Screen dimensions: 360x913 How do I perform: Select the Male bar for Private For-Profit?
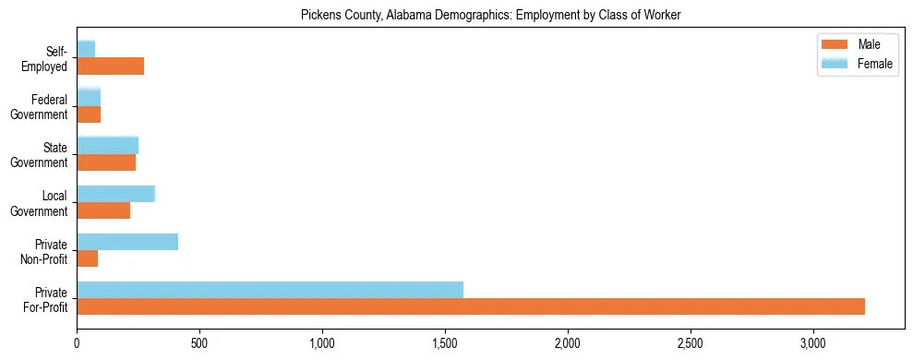pos(471,306)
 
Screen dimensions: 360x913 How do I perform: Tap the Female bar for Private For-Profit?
pos(270,290)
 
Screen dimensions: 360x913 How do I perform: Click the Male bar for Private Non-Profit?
pos(87,258)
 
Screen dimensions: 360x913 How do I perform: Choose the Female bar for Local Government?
pos(115,194)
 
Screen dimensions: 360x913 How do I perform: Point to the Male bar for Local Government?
pos(103,210)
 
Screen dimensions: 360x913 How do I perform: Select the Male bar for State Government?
pos(106,162)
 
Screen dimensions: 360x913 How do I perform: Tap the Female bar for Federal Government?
pos(89,98)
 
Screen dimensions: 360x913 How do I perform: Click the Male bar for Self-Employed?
pos(110,66)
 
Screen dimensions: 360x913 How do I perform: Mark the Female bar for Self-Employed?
pos(86,49)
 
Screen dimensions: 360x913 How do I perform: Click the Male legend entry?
pos(856,45)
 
